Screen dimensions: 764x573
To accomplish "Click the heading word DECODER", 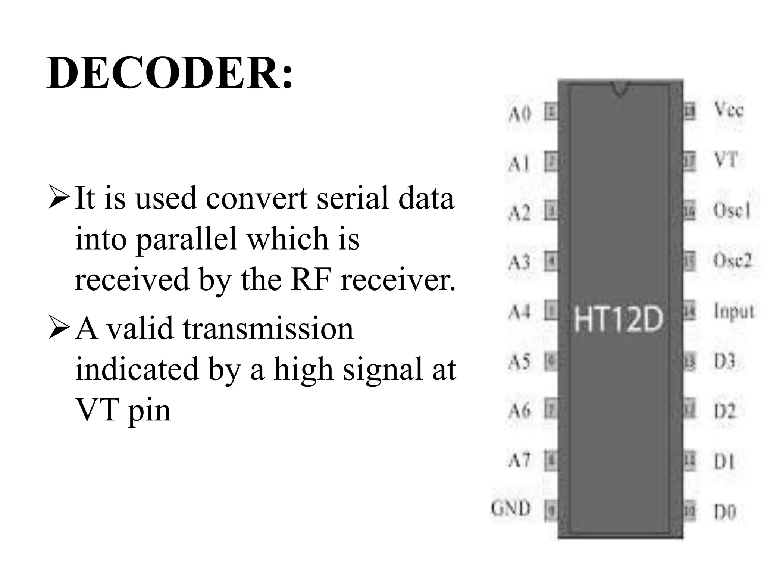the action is (x=169, y=73).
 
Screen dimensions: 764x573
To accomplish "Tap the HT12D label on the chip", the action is (x=618, y=319).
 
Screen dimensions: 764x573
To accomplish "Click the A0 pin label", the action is (x=520, y=113).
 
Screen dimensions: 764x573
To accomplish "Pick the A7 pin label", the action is (x=519, y=460).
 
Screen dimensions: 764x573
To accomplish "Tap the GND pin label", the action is (x=511, y=508).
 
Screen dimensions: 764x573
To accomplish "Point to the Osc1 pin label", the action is (x=731, y=210).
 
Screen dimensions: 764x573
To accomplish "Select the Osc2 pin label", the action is (x=732, y=260).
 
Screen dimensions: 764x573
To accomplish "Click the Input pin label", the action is (x=733, y=311).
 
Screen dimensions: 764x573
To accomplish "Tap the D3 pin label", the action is (x=724, y=361).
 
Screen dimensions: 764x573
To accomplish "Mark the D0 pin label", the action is (x=725, y=512).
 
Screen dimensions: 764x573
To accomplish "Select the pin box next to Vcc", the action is (x=690, y=112).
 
